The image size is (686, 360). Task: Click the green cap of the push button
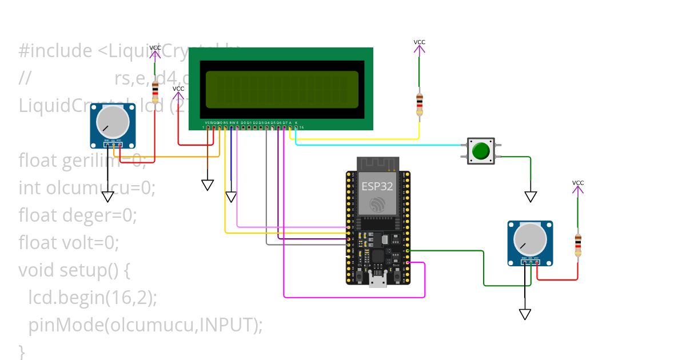[x=481, y=151]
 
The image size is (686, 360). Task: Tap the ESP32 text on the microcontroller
[x=377, y=186]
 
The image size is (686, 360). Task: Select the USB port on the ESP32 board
[x=377, y=279]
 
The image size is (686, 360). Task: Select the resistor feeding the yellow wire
[x=420, y=104]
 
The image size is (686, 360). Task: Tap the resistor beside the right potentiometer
[x=578, y=245]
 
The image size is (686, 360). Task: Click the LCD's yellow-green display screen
[x=282, y=90]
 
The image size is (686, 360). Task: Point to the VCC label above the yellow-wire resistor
[x=420, y=42]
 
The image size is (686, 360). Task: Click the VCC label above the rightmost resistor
[x=578, y=183]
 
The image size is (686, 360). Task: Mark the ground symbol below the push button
[x=531, y=197]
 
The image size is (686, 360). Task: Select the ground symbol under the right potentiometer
[x=525, y=314]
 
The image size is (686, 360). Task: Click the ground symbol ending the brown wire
[x=208, y=185]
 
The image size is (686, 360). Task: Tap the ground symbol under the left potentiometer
[x=108, y=197]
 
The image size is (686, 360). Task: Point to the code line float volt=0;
[x=69, y=243]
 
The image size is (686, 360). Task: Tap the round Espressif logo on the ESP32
[x=377, y=204]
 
